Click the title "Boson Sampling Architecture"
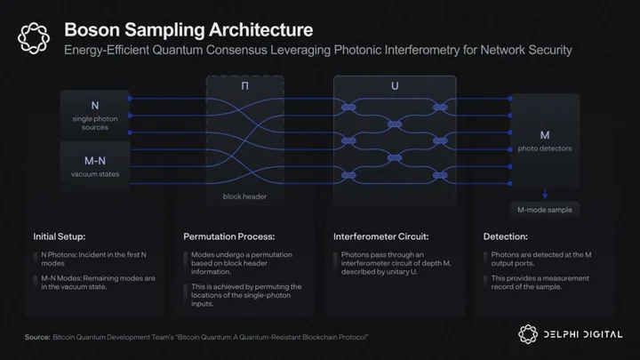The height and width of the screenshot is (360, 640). (188, 30)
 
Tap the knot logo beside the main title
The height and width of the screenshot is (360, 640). (34, 38)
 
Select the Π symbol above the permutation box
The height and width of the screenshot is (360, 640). (245, 85)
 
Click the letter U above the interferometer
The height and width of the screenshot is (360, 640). (395, 85)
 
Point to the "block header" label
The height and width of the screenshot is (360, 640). (244, 196)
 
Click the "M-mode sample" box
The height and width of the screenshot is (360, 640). (545, 210)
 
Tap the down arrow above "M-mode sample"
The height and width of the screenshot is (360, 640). (545, 194)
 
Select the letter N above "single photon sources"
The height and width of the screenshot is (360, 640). (95, 106)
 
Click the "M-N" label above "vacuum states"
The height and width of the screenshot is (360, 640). (95, 161)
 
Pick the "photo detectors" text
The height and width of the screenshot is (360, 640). (545, 148)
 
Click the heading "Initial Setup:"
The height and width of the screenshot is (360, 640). (60, 236)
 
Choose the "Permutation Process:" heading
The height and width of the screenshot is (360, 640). (229, 236)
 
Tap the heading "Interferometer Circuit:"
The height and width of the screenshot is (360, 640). (380, 236)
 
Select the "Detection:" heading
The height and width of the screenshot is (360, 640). (505, 236)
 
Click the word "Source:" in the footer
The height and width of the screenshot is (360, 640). (37, 337)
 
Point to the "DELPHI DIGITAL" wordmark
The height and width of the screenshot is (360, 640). (583, 335)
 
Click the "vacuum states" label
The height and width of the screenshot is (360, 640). (95, 174)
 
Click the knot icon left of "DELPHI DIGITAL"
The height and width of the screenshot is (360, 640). (528, 334)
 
